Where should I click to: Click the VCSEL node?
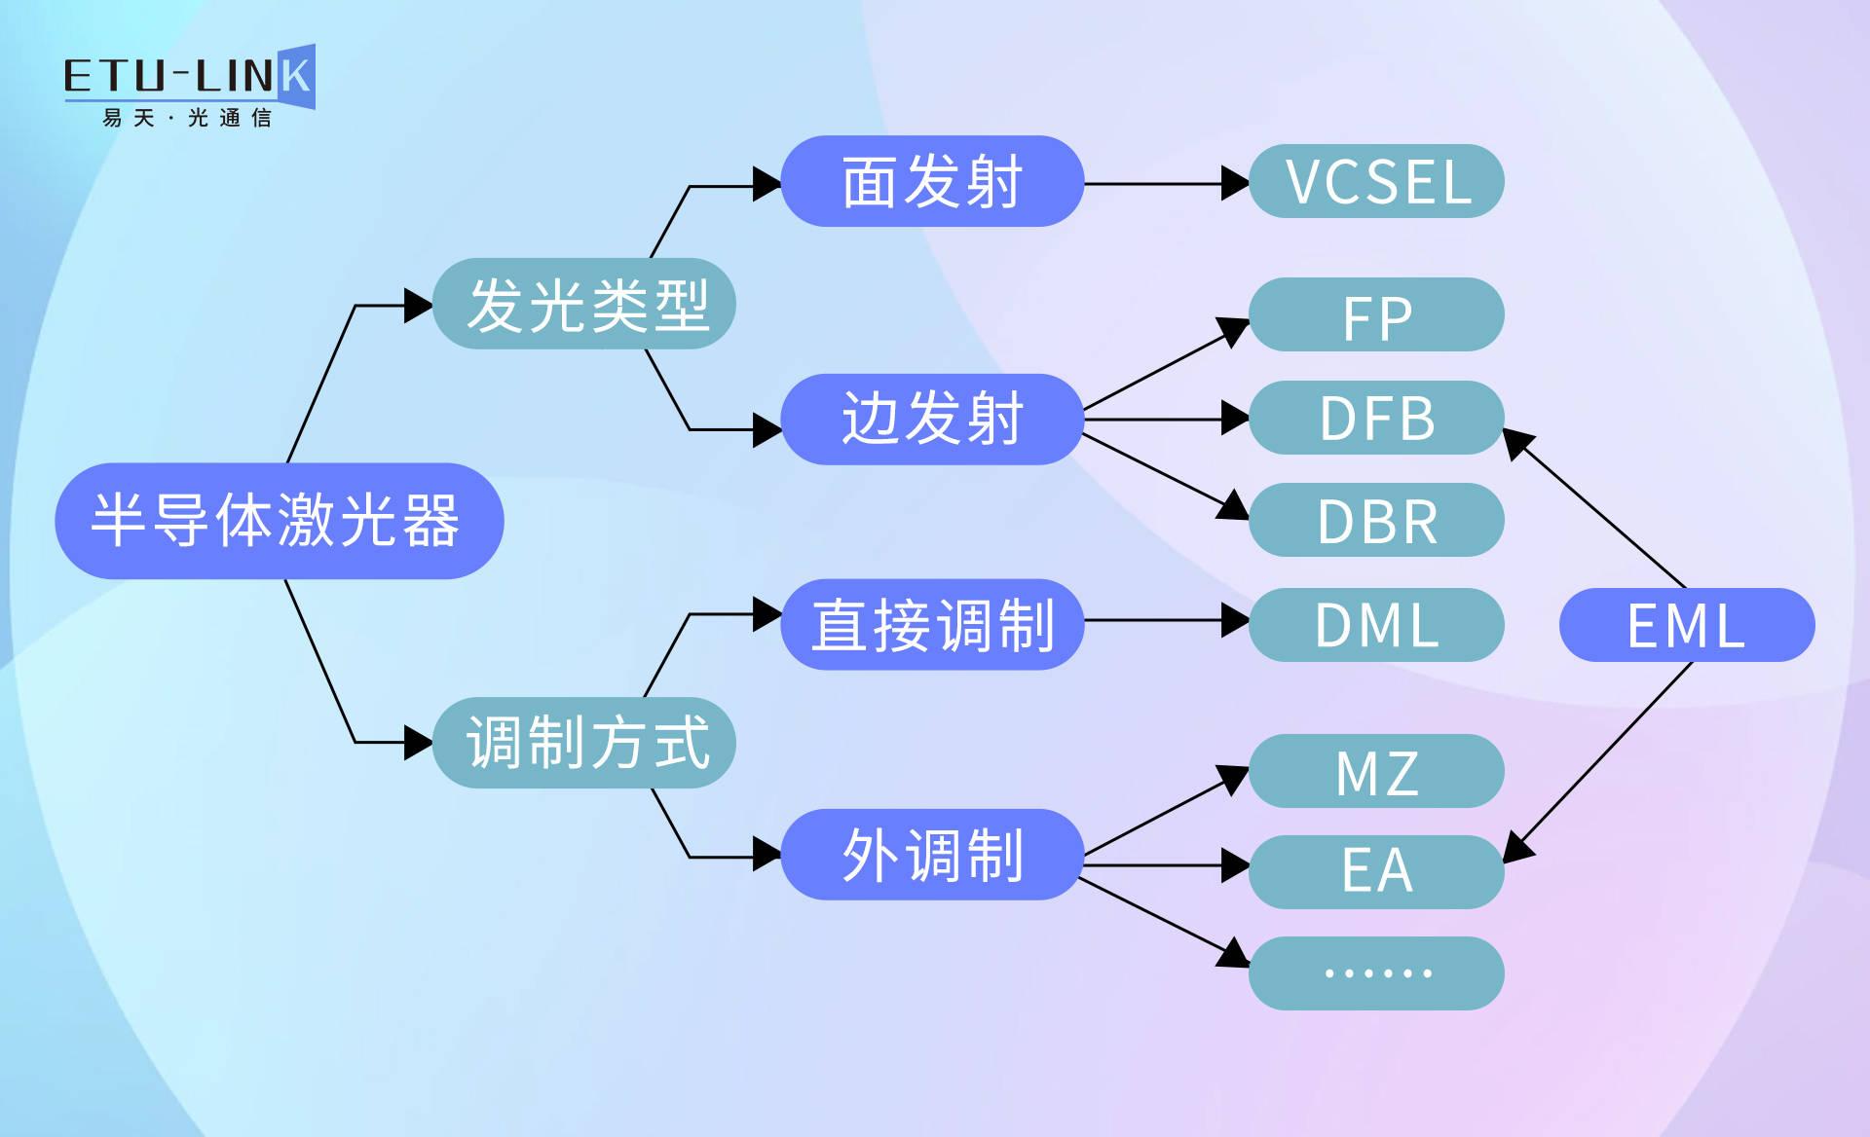[1376, 181]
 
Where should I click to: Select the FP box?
[1376, 315]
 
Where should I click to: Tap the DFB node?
[1376, 418]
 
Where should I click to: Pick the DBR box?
[1376, 520]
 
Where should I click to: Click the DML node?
[1376, 624]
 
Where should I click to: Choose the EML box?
[1686, 624]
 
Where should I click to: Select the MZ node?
[1376, 771]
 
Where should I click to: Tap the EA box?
[1376, 871]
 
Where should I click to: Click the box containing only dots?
[1376, 972]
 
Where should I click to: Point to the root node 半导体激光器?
[279, 521]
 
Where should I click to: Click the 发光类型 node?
[584, 304]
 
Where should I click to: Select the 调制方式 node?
[584, 742]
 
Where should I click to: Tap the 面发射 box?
[932, 181]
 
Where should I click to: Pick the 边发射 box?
[932, 419]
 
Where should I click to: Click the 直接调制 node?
[932, 624]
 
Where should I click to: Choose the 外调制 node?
[932, 855]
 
